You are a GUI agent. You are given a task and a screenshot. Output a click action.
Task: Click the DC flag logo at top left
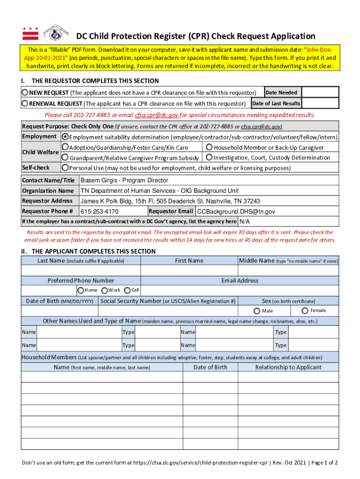point(30,33)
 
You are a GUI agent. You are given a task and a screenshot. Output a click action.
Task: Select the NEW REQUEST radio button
point(25,93)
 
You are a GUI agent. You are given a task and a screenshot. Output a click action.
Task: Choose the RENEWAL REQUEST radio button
point(25,103)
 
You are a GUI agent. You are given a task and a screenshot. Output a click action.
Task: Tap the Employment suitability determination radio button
point(65,137)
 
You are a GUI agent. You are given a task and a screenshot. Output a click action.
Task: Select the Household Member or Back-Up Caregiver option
point(209,147)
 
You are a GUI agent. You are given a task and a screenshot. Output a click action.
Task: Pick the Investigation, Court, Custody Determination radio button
point(209,158)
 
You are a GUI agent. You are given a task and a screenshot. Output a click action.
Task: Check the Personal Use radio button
point(65,167)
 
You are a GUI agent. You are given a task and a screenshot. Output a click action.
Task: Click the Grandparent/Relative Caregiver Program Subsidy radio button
point(65,158)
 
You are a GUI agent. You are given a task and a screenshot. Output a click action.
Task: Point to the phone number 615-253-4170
point(100,212)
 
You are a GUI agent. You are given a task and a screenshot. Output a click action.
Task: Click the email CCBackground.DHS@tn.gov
point(236,212)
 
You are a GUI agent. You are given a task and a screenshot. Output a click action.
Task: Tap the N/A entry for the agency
point(245,222)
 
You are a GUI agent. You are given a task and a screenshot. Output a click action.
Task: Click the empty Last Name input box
point(80,271)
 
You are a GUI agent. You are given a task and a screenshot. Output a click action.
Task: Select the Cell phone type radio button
point(127,290)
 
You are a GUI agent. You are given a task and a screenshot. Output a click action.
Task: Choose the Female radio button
point(305,311)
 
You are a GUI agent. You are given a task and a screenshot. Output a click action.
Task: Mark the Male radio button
point(257,311)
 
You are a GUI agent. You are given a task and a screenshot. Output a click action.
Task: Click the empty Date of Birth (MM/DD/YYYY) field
point(59,311)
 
